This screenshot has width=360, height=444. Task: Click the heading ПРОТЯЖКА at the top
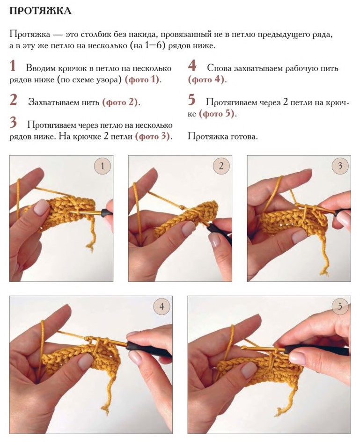(40, 11)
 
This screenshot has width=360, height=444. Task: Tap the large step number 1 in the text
(13, 66)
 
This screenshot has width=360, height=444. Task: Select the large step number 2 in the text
(13, 100)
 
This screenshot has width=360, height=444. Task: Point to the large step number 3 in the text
(13, 122)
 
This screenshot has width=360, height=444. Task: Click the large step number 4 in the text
(192, 66)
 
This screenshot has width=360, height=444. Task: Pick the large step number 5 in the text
(192, 100)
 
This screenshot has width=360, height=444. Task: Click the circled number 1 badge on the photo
(103, 166)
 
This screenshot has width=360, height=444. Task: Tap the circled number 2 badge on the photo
(221, 166)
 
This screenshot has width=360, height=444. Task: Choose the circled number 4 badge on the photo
(162, 306)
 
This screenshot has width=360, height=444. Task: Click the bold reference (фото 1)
(142, 80)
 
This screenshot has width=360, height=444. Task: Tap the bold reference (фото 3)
(153, 137)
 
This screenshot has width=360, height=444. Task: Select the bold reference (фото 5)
(217, 114)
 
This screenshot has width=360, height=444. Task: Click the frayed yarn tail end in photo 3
(324, 272)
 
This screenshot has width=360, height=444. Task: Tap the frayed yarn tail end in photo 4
(106, 410)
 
